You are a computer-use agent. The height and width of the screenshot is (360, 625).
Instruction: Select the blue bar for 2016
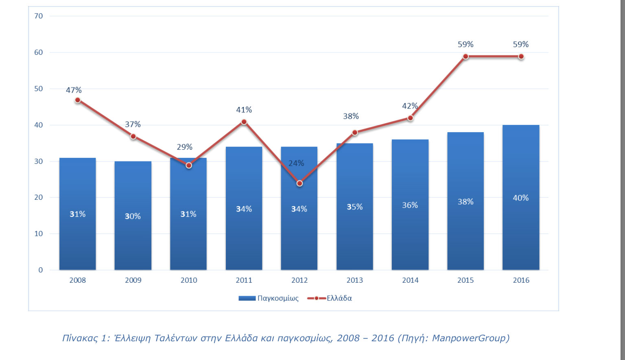point(520,236)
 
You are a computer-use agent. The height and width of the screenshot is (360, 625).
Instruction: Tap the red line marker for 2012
point(299,183)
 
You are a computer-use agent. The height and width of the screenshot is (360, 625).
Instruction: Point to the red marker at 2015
point(465,57)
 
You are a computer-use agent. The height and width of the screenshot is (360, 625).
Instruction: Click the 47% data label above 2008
point(74,90)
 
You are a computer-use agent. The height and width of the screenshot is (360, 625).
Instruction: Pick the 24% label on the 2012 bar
point(296,163)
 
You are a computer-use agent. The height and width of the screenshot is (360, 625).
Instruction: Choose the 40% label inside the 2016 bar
point(520,198)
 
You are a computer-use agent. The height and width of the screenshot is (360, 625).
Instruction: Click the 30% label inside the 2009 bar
point(133,216)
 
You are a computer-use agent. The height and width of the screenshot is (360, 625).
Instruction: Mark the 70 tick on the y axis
point(39,16)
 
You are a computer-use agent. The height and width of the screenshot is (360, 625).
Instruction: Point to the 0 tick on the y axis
point(40,270)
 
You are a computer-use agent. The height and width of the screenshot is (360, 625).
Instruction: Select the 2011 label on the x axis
point(244,280)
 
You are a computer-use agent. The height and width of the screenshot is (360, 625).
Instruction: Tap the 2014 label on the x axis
point(410,280)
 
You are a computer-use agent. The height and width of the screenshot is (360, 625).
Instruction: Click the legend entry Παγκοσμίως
point(278,298)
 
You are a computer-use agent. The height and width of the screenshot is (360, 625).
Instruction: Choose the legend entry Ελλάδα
point(339,298)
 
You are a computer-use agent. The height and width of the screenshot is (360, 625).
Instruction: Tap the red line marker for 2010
point(188,166)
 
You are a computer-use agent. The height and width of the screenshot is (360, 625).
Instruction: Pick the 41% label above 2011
point(244,110)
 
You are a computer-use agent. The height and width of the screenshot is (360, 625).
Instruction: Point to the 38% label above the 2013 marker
point(351,116)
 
